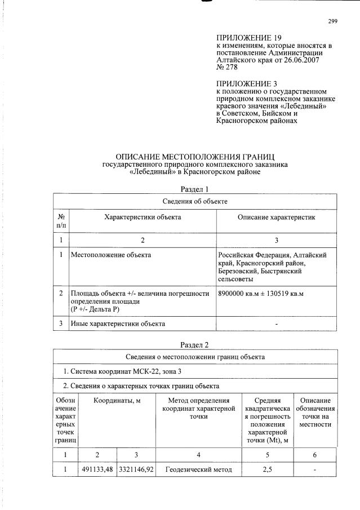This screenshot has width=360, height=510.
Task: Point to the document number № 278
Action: point(227,67)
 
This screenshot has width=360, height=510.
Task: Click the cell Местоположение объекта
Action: point(110,255)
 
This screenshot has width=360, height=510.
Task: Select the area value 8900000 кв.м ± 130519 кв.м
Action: point(260,293)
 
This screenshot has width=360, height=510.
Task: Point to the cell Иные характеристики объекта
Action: point(118,323)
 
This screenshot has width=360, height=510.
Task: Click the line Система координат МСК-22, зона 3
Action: point(122,371)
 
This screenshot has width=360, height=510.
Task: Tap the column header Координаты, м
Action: point(117,400)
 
